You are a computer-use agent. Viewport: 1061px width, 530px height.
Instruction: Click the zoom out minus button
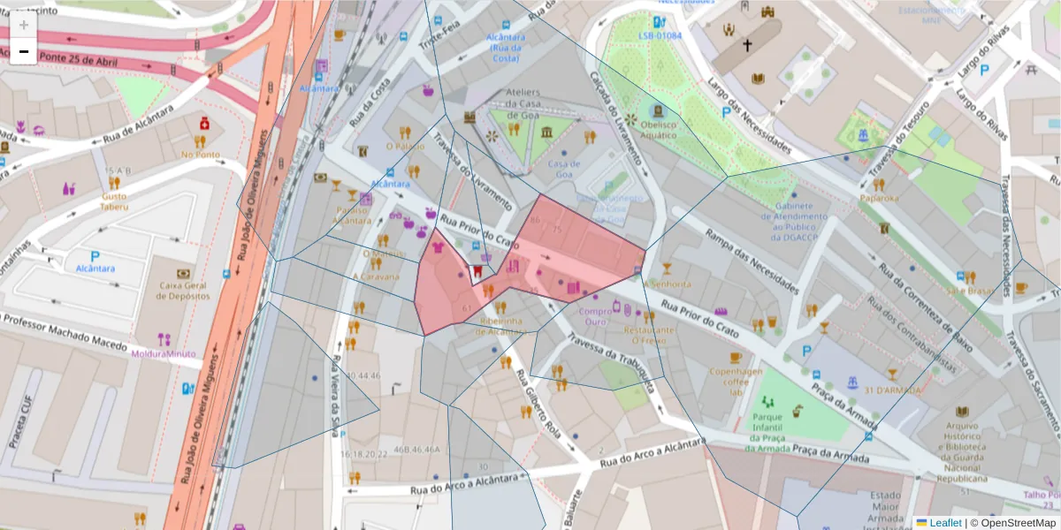coord(24,52)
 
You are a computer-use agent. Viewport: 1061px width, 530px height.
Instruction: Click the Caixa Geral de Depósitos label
coord(183,291)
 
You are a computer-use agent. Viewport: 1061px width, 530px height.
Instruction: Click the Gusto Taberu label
coord(114,201)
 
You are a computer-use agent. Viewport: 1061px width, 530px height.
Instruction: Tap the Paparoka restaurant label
coord(879,198)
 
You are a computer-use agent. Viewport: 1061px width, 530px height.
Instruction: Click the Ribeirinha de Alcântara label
coord(501,326)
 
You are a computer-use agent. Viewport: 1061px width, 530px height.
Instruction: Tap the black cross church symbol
coord(747,45)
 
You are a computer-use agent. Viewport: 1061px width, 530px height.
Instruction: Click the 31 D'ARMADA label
coord(892,390)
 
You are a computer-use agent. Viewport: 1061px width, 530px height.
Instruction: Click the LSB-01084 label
coord(660,35)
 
